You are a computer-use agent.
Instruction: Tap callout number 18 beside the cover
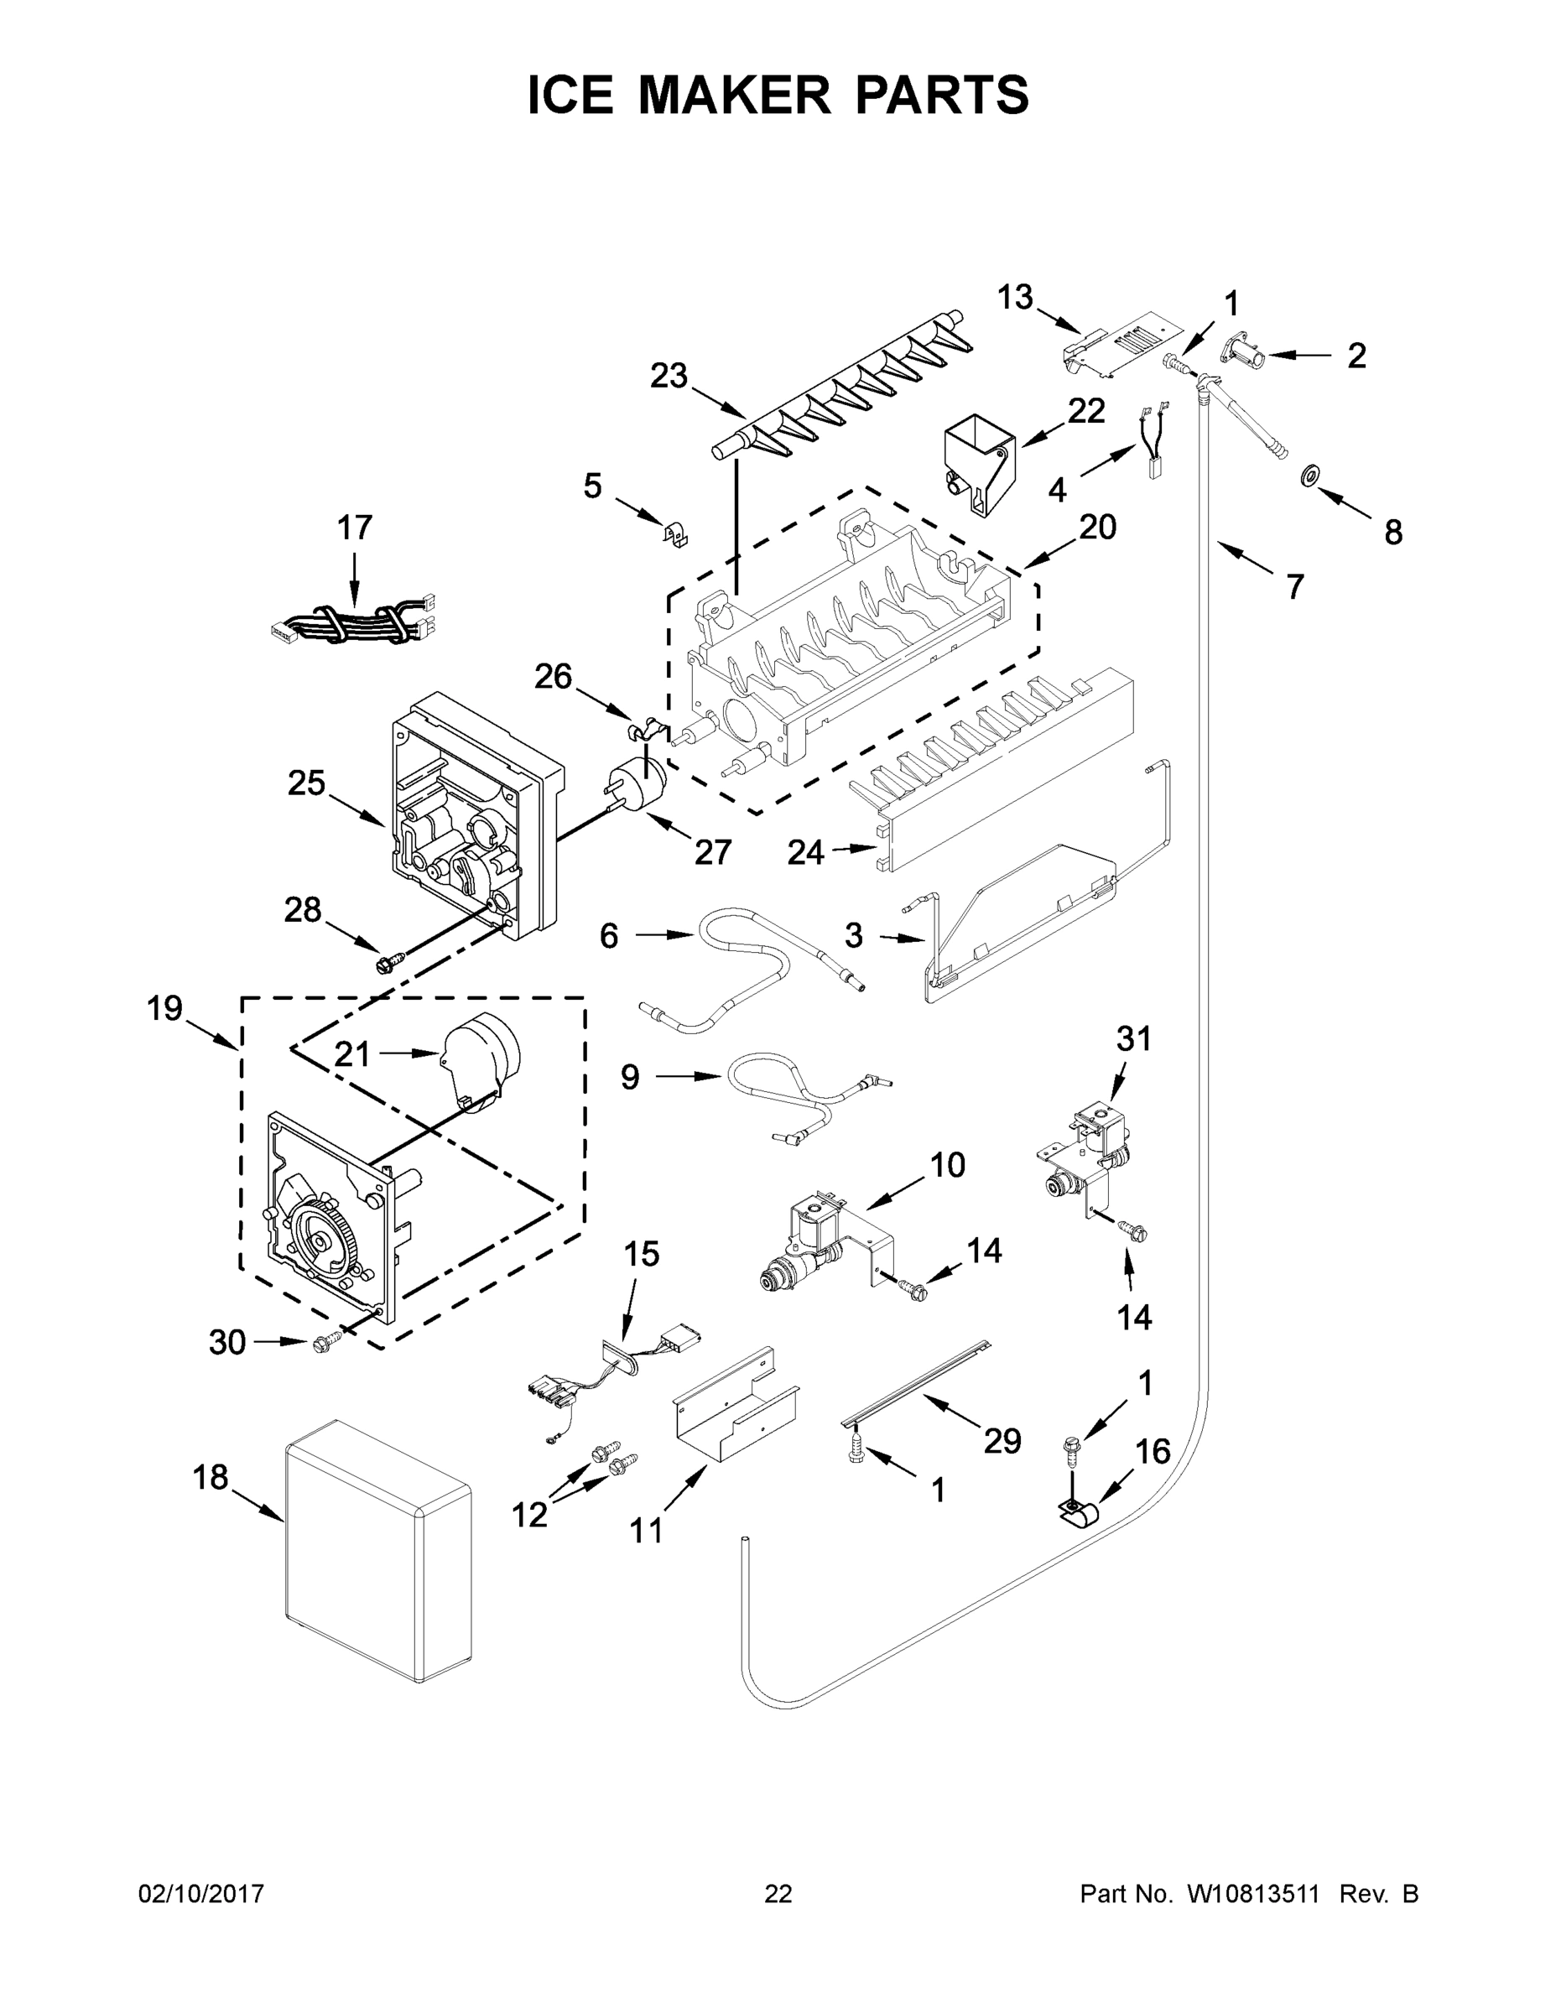point(211,1478)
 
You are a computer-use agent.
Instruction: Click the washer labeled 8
point(1308,476)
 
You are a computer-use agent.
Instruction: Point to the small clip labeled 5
point(677,533)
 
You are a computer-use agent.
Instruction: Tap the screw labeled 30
point(323,1345)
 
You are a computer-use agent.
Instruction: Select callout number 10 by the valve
point(947,1165)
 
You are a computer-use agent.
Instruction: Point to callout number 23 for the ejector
point(669,376)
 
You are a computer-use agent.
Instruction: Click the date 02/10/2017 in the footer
point(201,1893)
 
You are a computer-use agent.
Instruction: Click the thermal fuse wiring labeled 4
point(1155,447)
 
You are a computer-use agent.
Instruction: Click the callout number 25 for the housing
point(307,783)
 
